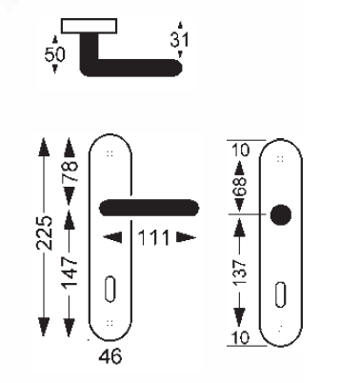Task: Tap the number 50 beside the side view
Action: pyautogui.click(x=56, y=55)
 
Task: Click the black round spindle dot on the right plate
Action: pyautogui.click(x=278, y=215)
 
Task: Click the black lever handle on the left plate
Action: pyautogui.click(x=149, y=208)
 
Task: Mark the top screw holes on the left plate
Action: pyautogui.click(x=110, y=151)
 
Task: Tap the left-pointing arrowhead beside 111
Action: pyautogui.click(x=111, y=238)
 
